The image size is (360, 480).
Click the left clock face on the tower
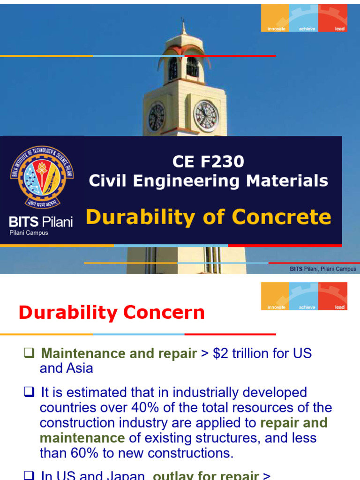pos(156,117)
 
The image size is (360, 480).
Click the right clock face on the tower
pos(206,116)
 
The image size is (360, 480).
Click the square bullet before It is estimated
pos(29,392)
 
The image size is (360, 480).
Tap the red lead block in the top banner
pos(333,18)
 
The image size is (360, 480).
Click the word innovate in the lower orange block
pos(276,307)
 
